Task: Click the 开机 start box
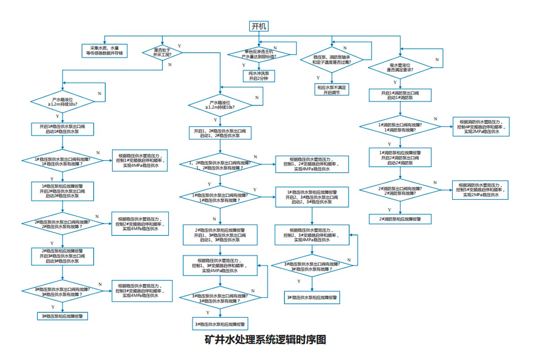[x=259, y=27]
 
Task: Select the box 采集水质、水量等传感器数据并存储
[x=104, y=50]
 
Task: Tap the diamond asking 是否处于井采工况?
[x=162, y=53]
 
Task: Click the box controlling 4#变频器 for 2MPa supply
[x=481, y=126]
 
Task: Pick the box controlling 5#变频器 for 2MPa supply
[x=480, y=190]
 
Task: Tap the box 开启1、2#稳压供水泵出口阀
[x=220, y=133]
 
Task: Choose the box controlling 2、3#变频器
[x=312, y=235]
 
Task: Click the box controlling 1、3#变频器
[x=220, y=265]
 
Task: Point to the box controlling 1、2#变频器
[x=312, y=164]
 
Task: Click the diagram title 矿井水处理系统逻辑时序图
[x=265, y=340]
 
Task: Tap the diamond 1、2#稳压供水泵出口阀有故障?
[x=220, y=165]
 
